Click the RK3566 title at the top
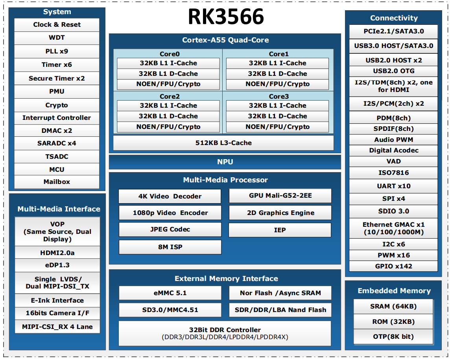click(x=226, y=17)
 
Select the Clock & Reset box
click(x=57, y=25)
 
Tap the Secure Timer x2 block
click(x=57, y=78)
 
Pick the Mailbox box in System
click(x=57, y=182)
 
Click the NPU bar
click(x=225, y=162)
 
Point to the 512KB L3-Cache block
click(x=223, y=143)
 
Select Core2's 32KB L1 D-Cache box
click(x=168, y=116)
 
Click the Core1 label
click(x=278, y=54)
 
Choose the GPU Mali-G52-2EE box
click(x=280, y=196)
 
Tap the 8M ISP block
click(x=170, y=247)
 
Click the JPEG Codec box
click(x=170, y=230)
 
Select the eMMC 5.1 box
click(x=170, y=293)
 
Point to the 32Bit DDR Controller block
click(x=225, y=333)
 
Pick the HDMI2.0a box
click(x=57, y=253)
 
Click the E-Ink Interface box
click(x=57, y=301)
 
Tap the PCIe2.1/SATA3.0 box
click(x=393, y=31)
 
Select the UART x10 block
click(x=393, y=186)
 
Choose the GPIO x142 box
click(x=393, y=266)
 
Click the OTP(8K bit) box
click(x=393, y=337)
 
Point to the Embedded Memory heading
click(x=394, y=291)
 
